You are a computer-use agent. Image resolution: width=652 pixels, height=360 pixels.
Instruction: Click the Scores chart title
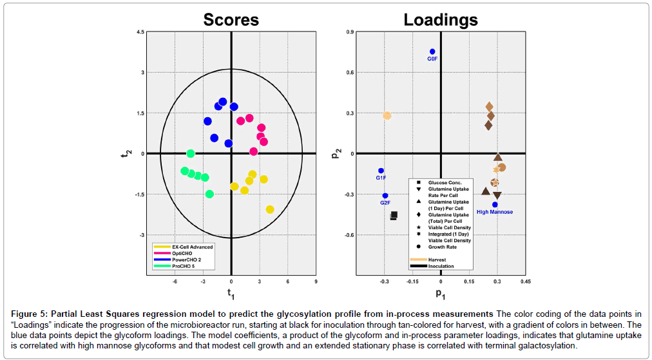click(231, 20)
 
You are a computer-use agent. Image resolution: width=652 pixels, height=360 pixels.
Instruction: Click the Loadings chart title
click(441, 20)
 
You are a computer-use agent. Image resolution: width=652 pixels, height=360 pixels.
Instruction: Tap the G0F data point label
click(432, 59)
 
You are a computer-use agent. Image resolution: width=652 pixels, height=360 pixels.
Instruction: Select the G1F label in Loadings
click(381, 178)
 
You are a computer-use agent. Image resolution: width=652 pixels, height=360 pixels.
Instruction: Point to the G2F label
click(385, 203)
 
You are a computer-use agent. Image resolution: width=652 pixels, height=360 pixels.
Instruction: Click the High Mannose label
click(495, 212)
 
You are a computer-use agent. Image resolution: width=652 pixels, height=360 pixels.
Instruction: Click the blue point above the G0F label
click(432, 52)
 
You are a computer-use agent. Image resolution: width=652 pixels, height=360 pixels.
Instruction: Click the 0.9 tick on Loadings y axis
click(350, 32)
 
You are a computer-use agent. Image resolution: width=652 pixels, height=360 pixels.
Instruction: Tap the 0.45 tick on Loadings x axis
click(525, 281)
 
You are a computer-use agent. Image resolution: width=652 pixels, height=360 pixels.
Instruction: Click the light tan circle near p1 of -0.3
click(387, 116)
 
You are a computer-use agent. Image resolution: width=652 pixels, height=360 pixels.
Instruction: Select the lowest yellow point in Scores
click(270, 209)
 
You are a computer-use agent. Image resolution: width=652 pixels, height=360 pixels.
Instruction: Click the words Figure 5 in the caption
click(28, 313)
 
